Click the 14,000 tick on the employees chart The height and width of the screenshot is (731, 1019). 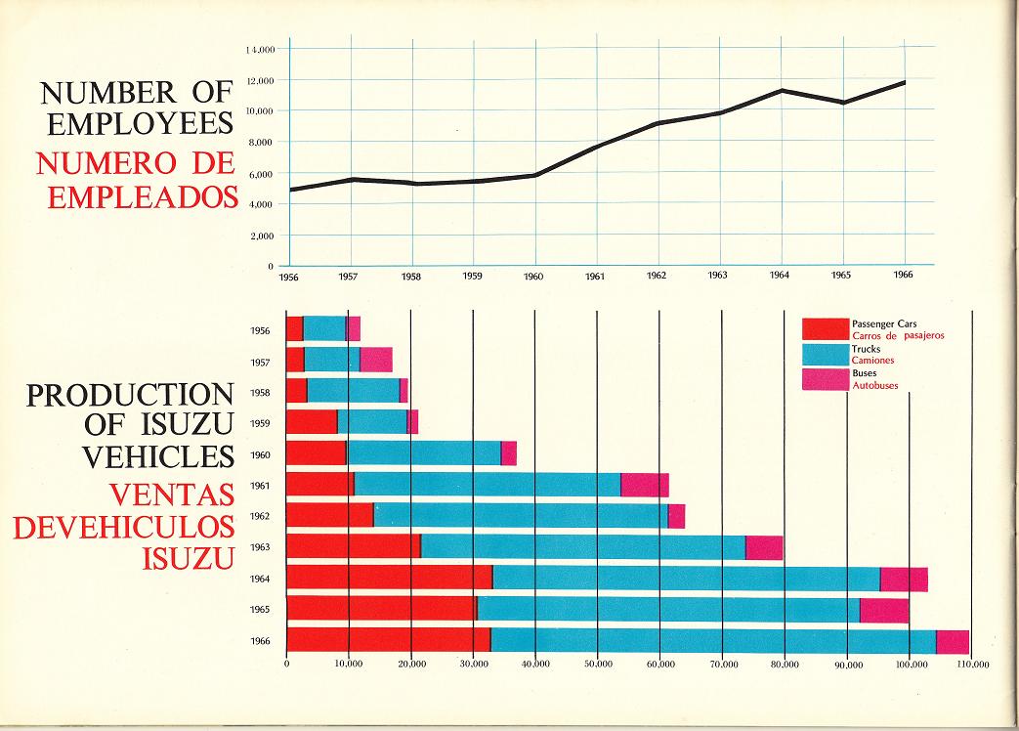coord(259,49)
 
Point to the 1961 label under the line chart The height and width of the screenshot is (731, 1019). coord(596,277)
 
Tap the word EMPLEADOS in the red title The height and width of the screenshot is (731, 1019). coord(143,196)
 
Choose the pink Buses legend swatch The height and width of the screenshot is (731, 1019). coord(825,379)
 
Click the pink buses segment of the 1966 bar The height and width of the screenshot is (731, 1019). coord(953,641)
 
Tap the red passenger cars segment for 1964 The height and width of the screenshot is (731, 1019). coord(389,579)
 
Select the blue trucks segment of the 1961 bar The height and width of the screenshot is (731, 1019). coord(487,485)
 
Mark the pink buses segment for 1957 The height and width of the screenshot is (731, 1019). coord(376,360)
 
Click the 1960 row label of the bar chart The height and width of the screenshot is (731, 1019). coord(260,454)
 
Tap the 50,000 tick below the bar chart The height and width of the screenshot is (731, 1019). coord(598,666)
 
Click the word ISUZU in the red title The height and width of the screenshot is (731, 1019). coord(190,557)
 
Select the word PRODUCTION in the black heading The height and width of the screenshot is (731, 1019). coord(130,395)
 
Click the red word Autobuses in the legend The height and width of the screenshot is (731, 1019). coord(875,385)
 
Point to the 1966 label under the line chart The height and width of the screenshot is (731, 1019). coord(904,277)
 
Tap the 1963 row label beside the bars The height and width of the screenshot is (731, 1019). coord(260,548)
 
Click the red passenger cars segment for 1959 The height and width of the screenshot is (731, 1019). coord(311,422)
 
